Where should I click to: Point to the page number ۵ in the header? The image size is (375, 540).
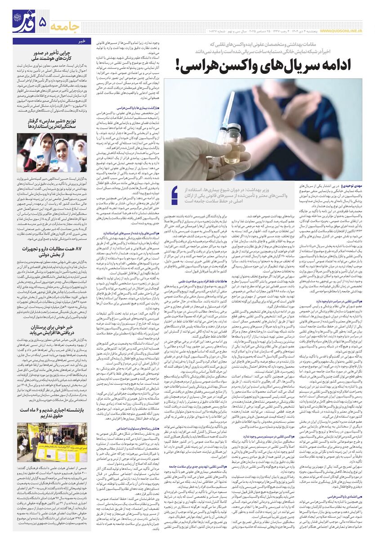point(43,22)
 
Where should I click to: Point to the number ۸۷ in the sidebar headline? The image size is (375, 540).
point(81,248)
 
